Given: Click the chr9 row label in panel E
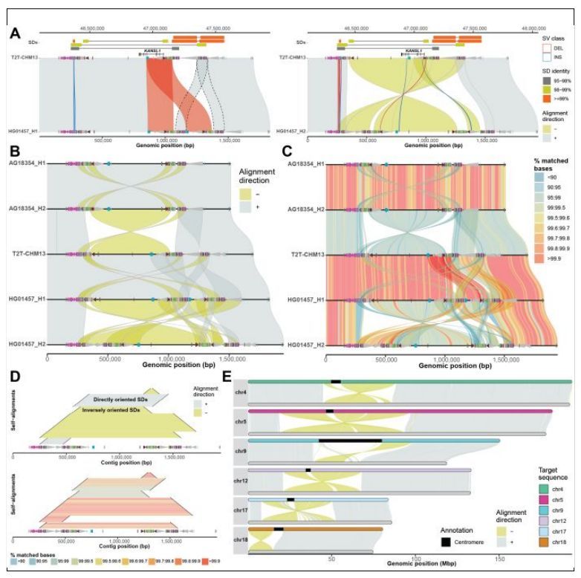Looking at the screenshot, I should (239, 449).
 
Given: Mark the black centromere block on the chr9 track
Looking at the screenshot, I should (350, 441).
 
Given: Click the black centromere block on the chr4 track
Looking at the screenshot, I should (336, 382).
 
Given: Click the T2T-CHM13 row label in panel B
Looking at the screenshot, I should (26, 254).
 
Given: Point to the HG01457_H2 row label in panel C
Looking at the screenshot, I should (302, 345).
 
